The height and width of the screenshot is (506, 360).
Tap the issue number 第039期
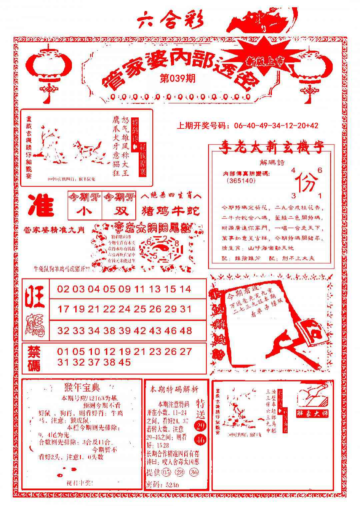(x=177, y=79)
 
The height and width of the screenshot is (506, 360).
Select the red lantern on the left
(x=49, y=67)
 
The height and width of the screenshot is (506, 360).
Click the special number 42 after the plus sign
(x=313, y=125)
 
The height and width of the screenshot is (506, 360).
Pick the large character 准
(x=41, y=204)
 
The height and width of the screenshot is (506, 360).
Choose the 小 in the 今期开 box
(x=85, y=211)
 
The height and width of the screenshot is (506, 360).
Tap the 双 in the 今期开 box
(x=119, y=211)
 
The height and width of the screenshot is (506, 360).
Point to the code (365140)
(x=240, y=180)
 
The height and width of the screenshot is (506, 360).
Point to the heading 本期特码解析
(x=174, y=389)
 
